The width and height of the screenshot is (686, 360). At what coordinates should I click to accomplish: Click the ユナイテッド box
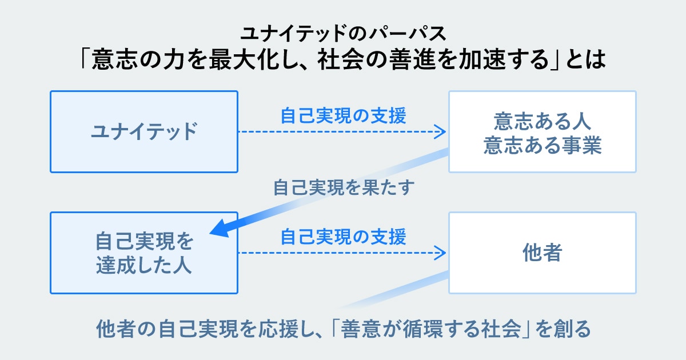pyautogui.click(x=143, y=131)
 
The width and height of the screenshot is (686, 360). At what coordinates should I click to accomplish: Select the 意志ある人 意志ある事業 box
pyautogui.click(x=542, y=131)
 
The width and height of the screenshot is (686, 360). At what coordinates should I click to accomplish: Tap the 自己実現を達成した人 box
pyautogui.click(x=143, y=253)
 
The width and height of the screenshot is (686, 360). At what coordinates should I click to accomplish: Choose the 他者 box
pyautogui.click(x=542, y=253)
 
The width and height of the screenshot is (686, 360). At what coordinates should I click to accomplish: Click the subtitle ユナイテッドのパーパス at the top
pyautogui.click(x=342, y=33)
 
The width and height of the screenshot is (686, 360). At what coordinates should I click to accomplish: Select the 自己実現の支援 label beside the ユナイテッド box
pyautogui.click(x=343, y=116)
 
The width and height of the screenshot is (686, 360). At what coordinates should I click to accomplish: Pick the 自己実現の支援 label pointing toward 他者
pyautogui.click(x=343, y=236)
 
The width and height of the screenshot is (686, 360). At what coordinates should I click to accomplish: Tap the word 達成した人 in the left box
pyautogui.click(x=143, y=265)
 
